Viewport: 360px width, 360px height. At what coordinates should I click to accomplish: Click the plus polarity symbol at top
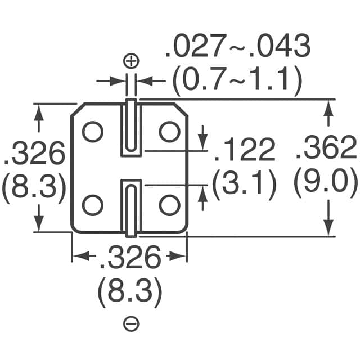tap(130, 60)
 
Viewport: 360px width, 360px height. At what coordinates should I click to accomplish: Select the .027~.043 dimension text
tap(237, 48)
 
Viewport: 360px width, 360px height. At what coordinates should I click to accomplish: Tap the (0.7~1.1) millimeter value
tap(237, 82)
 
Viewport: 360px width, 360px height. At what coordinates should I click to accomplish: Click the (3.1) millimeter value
tap(244, 182)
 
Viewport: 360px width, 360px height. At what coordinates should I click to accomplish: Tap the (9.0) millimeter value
tap(326, 182)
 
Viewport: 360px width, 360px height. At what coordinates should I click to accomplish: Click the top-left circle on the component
tap(93, 132)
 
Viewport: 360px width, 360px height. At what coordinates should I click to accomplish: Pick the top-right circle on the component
tap(169, 132)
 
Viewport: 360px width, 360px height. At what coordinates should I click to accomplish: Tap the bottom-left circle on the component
tap(93, 204)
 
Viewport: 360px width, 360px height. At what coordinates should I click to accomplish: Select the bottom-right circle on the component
tap(169, 204)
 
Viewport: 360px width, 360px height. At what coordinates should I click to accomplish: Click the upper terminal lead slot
tap(130, 127)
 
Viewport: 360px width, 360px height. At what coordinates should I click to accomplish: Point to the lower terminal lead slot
tap(130, 206)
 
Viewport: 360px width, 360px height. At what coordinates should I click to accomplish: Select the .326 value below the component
tap(130, 259)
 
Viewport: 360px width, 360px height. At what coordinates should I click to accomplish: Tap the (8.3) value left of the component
tap(34, 186)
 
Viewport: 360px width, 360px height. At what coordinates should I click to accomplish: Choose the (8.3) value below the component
tap(130, 291)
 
